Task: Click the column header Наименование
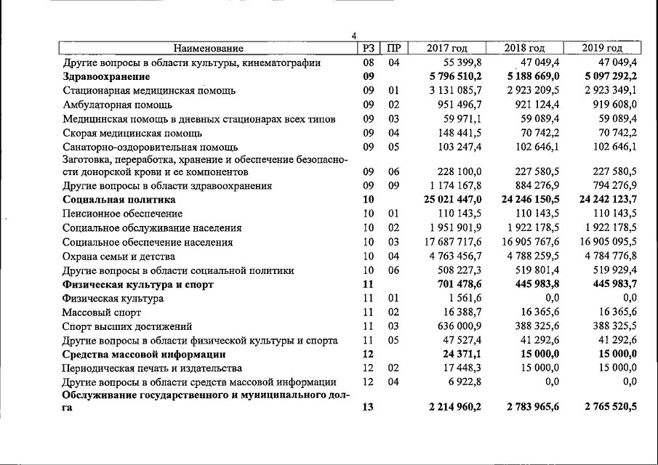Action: (x=208, y=49)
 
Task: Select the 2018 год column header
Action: (x=525, y=49)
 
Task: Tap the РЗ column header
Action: (x=368, y=49)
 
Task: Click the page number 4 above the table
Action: (x=354, y=36)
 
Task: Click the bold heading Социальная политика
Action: (x=119, y=199)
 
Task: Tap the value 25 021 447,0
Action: (x=453, y=199)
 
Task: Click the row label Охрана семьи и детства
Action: (x=119, y=256)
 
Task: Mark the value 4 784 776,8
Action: (x=606, y=256)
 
